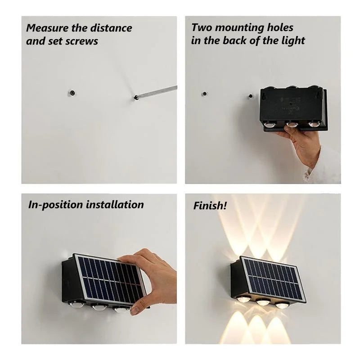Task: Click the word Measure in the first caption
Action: [x=44, y=28]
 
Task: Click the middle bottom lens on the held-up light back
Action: [x=291, y=124]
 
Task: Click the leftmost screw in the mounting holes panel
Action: [x=204, y=94]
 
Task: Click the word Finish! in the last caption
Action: [x=210, y=206]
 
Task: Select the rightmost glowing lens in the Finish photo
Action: [x=282, y=305]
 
